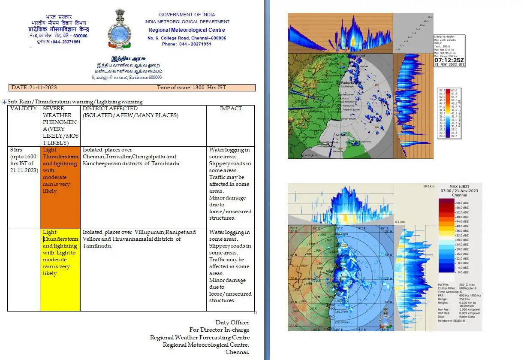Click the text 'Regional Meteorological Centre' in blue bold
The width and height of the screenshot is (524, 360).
click(x=187, y=30)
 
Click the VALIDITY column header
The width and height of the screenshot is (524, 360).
click(x=24, y=109)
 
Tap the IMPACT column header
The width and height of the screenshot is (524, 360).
click(x=231, y=109)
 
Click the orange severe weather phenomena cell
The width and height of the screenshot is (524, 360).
click(x=60, y=187)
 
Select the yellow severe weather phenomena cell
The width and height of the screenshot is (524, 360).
click(x=60, y=269)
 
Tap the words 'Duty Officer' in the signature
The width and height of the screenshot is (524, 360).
click(x=232, y=322)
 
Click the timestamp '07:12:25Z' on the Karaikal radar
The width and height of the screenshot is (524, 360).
click(x=449, y=60)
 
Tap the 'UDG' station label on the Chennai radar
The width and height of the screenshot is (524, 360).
click(x=322, y=235)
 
